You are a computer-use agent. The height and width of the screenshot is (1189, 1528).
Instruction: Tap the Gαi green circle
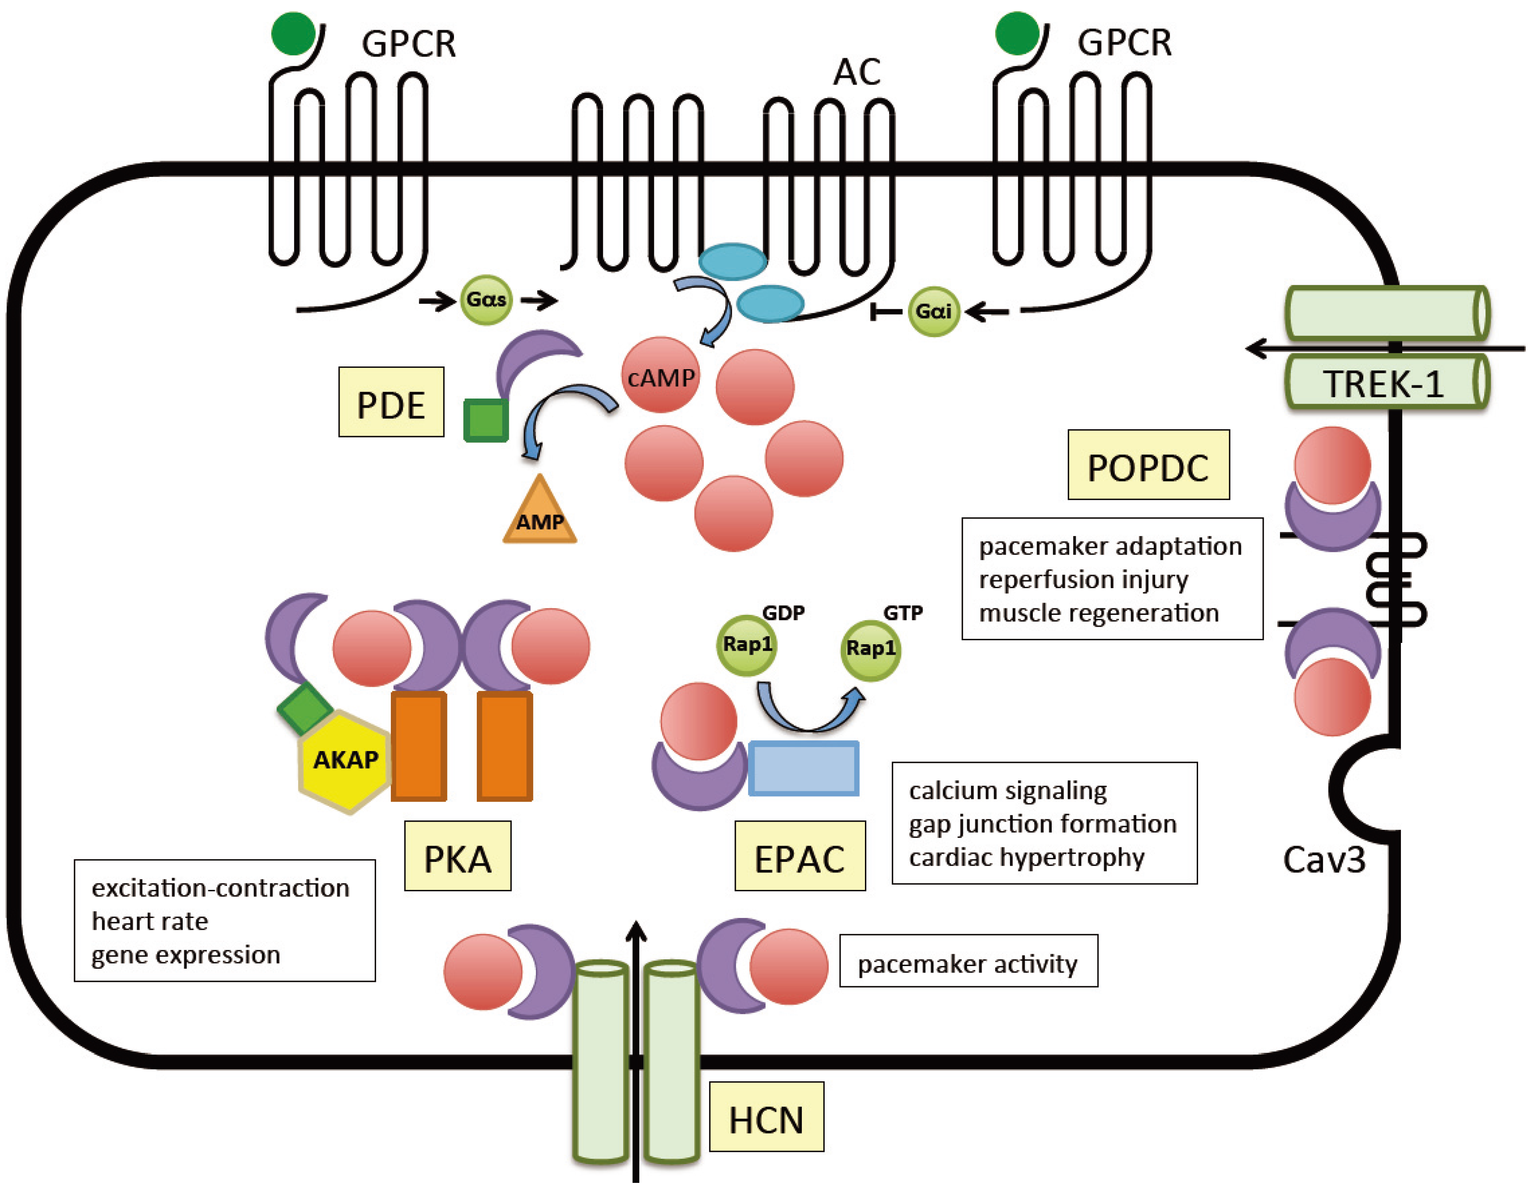pos(933,311)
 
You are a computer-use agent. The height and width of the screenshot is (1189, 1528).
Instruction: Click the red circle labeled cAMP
pos(660,376)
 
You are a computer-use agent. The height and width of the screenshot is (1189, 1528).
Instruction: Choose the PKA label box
pos(457,856)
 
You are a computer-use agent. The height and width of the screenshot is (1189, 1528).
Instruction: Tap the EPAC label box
pos(800,856)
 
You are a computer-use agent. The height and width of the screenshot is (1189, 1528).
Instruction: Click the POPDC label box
pos(1148,465)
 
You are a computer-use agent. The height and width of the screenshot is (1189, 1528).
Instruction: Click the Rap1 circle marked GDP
pos(747,645)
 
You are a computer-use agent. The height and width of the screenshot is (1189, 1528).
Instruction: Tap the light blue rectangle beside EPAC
pos(803,769)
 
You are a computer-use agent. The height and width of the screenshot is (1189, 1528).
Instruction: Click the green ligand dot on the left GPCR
pos(293,33)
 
